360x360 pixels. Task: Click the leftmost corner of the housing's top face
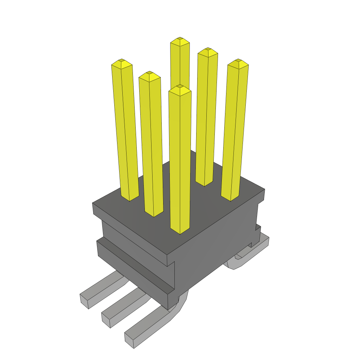point(93,203)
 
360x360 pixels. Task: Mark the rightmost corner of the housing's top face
point(264,190)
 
